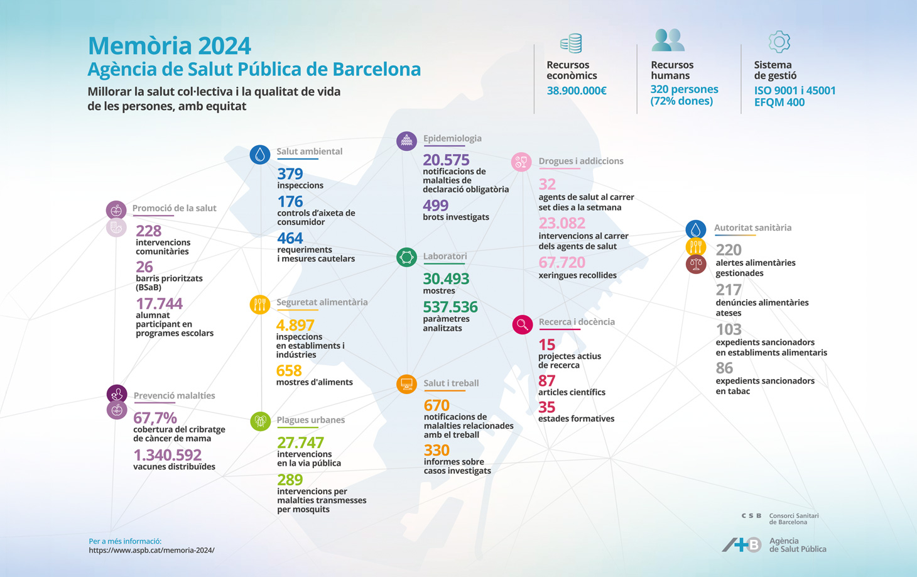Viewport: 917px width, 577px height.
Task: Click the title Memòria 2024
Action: click(x=170, y=46)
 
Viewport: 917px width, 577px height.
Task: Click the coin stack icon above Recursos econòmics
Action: click(x=571, y=43)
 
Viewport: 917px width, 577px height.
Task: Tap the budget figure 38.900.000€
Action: click(x=577, y=91)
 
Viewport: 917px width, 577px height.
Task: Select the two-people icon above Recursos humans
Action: click(x=668, y=40)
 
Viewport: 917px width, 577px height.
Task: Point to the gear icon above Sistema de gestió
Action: click(x=779, y=42)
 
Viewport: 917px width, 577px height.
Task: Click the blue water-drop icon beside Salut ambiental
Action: click(x=260, y=154)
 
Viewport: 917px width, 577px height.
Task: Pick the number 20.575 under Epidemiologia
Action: click(x=446, y=160)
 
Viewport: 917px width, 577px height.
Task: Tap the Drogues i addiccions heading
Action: click(x=581, y=161)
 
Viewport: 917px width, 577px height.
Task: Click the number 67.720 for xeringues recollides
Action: click(x=562, y=262)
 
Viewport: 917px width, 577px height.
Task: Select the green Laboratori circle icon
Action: click(x=406, y=257)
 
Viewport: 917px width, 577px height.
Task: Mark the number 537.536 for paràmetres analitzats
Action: click(x=450, y=307)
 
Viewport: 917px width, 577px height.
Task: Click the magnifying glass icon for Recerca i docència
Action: click(x=522, y=324)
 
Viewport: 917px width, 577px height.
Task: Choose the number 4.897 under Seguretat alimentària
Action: click(x=295, y=325)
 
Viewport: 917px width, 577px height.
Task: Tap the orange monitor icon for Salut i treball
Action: click(x=406, y=383)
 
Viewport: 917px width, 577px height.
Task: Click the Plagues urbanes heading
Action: click(x=311, y=420)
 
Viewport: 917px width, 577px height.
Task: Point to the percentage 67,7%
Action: click(x=155, y=418)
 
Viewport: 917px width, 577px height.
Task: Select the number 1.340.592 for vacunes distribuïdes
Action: click(x=168, y=454)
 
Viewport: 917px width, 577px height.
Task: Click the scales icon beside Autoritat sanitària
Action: click(x=696, y=264)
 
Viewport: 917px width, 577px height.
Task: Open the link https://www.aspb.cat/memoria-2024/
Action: click(x=151, y=550)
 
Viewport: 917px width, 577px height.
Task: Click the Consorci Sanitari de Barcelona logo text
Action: click(x=794, y=519)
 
